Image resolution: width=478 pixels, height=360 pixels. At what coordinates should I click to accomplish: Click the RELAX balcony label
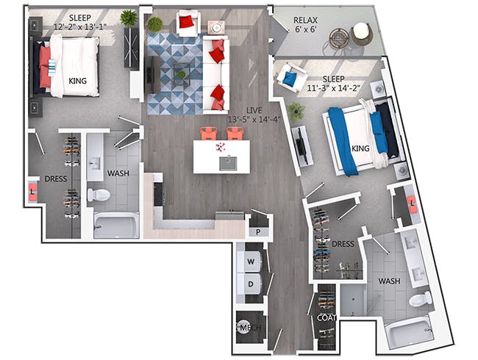304,19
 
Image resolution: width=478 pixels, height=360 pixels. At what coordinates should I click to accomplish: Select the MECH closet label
246,328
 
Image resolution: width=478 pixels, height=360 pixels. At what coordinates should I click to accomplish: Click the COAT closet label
326,317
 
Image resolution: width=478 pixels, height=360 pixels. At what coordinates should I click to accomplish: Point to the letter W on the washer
251,262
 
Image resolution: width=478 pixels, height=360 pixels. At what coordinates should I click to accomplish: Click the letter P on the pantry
258,231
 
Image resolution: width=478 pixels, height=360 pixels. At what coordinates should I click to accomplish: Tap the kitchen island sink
228,162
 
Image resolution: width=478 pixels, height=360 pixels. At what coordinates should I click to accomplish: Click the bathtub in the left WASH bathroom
115,224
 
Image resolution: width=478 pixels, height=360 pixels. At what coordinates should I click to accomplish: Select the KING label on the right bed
360,148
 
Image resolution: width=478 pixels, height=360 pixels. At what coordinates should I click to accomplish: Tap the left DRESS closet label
57,178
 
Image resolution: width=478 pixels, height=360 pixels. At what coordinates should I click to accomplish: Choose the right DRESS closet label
343,243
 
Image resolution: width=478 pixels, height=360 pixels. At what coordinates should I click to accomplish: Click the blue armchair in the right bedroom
288,76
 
